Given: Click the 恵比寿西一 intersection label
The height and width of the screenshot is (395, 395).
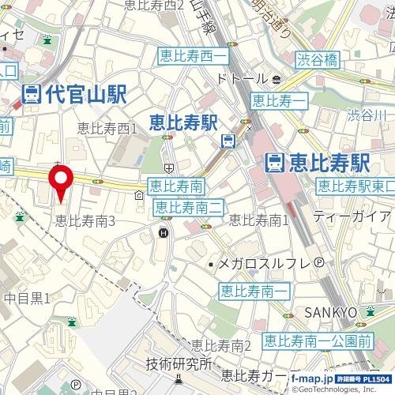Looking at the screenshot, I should (194, 58).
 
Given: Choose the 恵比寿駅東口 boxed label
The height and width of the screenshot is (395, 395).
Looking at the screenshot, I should (353, 186).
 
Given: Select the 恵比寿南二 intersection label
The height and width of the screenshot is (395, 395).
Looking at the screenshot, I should (190, 207).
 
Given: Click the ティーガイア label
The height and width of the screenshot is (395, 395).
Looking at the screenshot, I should (351, 216).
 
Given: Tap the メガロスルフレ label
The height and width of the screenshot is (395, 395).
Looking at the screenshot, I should (266, 264).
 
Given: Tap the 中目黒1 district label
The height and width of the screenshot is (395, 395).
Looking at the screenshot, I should (26, 298).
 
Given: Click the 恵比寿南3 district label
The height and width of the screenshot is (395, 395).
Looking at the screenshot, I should (85, 222).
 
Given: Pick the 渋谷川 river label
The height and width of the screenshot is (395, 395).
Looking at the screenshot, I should (367, 116).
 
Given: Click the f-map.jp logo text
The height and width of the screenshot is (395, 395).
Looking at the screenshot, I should (311, 380).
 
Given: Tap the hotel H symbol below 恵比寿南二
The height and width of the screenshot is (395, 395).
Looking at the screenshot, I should (164, 232).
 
